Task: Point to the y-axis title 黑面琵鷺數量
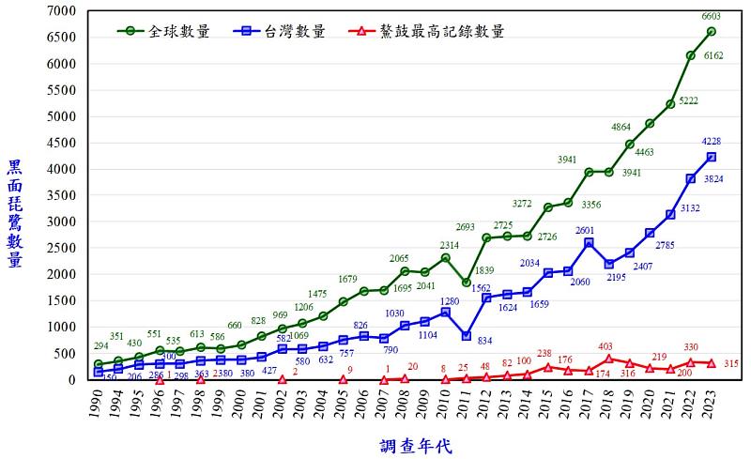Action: pyautogui.click(x=15, y=214)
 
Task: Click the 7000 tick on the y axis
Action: pyautogui.click(x=61, y=11)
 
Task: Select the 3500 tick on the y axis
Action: pyautogui.click(x=61, y=195)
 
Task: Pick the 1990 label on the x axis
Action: pyautogui.click(x=96, y=405)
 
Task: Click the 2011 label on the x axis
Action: pyautogui.click(x=465, y=405)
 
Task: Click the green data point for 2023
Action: pyautogui.click(x=712, y=31)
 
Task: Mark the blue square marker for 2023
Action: pyautogui.click(x=712, y=157)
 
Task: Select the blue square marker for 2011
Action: pyautogui.click(x=466, y=335)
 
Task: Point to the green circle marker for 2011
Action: pyautogui.click(x=466, y=283)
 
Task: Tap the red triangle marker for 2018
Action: pyautogui.click(x=609, y=359)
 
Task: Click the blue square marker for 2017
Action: pyautogui.click(x=589, y=242)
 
